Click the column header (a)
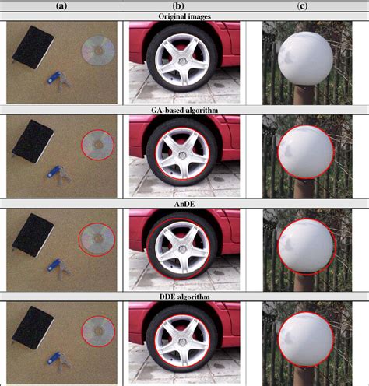pyautogui.click(x=61, y=6)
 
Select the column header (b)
pyautogui.click(x=177, y=6)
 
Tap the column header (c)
pyautogui.click(x=302, y=6)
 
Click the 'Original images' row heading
pyautogui.click(x=184, y=16)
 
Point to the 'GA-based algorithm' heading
pyautogui.click(x=184, y=111)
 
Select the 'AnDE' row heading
pyautogui.click(x=184, y=204)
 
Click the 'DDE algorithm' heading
pyautogui.click(x=184, y=297)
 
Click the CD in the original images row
pyautogui.click(x=98, y=51)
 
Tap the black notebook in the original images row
pyautogui.click(x=33, y=47)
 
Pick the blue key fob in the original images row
pyautogui.click(x=54, y=78)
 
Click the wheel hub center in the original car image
pyautogui.click(x=182, y=62)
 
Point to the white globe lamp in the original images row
pyautogui.click(x=305, y=58)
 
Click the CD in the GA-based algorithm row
pyautogui.click(x=98, y=145)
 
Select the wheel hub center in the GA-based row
pyautogui.click(x=182, y=156)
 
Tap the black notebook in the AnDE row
pyautogui.click(x=33, y=235)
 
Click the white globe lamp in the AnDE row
pyautogui.click(x=306, y=246)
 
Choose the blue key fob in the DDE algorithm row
pyautogui.click(x=54, y=358)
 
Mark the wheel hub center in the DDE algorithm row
pyautogui.click(x=182, y=342)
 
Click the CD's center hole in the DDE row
pyautogui.click(x=98, y=331)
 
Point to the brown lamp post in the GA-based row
pyautogui.click(x=305, y=188)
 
